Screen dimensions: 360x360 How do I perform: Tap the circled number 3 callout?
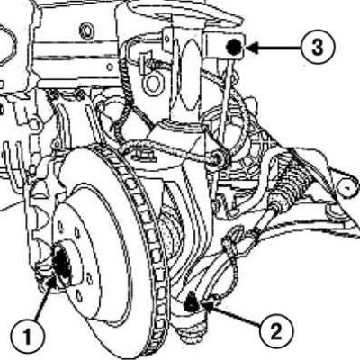point(318,48)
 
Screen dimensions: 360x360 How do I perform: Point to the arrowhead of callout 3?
point(252,48)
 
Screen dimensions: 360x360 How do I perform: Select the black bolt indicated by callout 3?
point(234,47)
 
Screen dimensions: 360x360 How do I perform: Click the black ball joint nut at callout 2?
point(190,303)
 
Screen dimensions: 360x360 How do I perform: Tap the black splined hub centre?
point(61,261)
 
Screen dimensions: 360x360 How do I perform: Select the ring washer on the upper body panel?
point(86,31)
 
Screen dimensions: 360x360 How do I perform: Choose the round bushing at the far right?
point(347,187)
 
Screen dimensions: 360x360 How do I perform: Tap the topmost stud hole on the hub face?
point(61,225)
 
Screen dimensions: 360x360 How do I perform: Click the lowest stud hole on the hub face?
point(79,296)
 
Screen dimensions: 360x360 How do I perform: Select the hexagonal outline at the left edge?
point(6,45)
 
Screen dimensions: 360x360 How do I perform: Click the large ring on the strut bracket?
point(152,84)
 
